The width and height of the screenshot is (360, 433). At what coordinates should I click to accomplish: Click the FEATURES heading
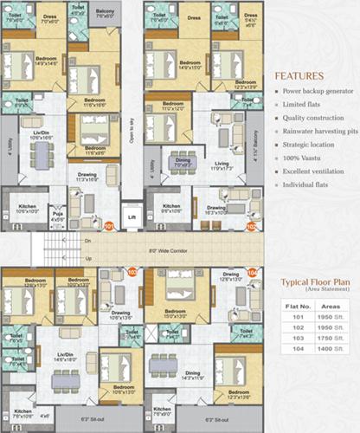click(299, 75)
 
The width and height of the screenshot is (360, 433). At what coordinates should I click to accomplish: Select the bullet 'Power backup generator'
click(313, 91)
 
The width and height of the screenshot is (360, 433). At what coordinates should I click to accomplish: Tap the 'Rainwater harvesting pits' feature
click(316, 132)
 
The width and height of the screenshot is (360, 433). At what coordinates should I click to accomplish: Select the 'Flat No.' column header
click(295, 306)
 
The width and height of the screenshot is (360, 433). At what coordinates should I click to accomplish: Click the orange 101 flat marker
click(110, 226)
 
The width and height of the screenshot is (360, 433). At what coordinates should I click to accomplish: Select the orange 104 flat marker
click(252, 271)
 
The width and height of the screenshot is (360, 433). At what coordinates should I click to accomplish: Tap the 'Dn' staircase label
click(87, 241)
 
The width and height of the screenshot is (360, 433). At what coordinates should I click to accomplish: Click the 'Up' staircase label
click(87, 258)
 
